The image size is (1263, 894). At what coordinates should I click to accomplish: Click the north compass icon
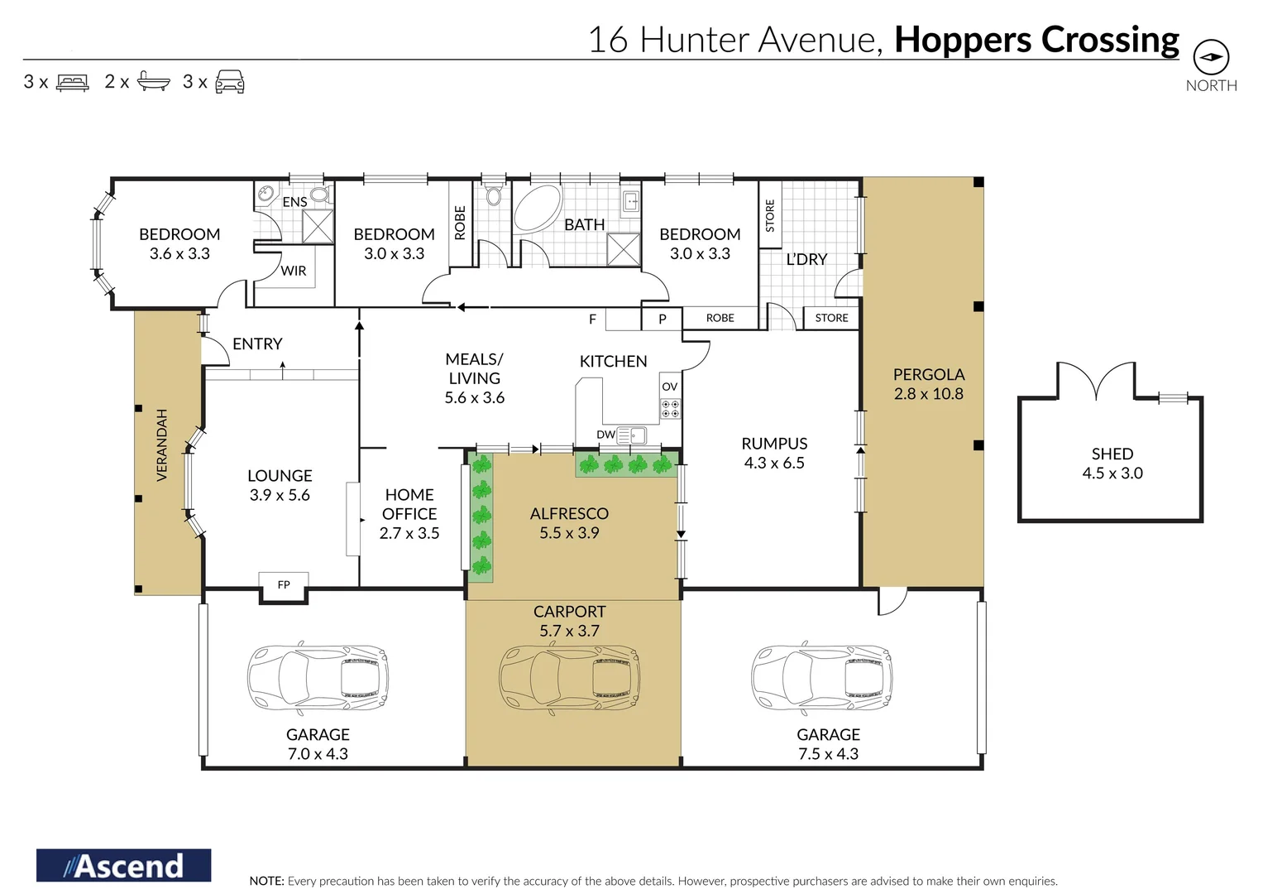pos(1211,57)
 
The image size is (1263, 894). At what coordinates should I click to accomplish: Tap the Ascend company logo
pos(123,865)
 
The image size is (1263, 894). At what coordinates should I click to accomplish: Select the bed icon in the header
pos(73,83)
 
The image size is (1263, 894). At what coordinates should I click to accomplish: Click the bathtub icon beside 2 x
pos(153,81)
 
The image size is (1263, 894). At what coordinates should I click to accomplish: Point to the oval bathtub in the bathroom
pos(538,207)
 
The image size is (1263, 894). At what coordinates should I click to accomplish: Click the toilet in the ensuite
pos(319,195)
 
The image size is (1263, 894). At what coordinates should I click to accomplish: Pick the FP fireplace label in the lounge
pos(284,584)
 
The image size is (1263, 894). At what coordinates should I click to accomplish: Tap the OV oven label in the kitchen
pos(669,387)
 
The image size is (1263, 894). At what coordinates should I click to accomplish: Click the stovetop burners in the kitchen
pos(671,409)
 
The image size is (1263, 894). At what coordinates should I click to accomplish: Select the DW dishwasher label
pos(605,435)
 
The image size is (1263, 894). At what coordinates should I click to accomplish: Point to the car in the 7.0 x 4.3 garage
pos(318,678)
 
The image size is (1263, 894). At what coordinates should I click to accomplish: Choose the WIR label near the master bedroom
pos(293,271)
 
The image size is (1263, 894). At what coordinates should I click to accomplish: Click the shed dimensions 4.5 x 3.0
pos(1112,473)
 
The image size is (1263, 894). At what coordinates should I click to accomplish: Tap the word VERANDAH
pos(162,445)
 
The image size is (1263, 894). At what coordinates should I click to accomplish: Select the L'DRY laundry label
pos(807,259)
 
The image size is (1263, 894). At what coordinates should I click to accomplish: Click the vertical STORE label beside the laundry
pos(770,215)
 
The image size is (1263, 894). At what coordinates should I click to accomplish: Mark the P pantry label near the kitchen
pos(663,319)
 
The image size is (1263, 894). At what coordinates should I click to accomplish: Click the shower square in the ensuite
pos(318,226)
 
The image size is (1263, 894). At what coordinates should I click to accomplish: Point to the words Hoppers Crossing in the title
pos(1036,40)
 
